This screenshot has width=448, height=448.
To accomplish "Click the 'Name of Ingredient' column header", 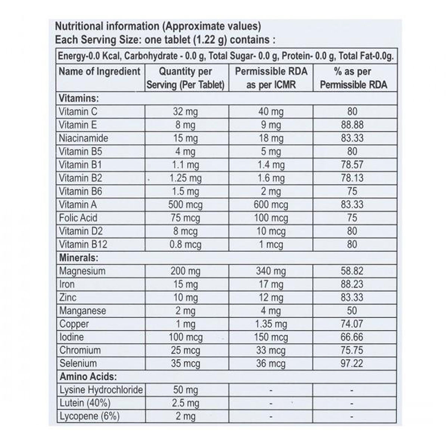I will point(99,71).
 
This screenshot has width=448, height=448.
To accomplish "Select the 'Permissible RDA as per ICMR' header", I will point(271,78).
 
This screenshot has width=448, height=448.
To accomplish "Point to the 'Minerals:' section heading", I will point(78,258).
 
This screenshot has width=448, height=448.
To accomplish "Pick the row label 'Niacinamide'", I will point(83,138).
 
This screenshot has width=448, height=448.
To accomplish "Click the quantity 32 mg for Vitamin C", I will point(185,112).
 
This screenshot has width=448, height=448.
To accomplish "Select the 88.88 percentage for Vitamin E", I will point(352,125).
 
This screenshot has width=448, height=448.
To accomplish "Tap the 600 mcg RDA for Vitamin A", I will point(271,205).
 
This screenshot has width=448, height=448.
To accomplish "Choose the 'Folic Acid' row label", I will point(78,218).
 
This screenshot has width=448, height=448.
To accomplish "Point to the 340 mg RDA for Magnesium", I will point(271,271).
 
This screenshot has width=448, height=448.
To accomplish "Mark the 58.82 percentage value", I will point(352,271).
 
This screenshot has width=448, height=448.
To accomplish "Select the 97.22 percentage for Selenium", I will point(352,363).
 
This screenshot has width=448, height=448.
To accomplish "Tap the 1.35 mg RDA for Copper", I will point(271,324).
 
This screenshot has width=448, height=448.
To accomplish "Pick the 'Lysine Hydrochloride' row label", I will point(101,390).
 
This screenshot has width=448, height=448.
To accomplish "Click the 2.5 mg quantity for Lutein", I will point(185,403).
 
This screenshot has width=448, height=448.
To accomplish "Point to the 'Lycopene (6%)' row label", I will point(89,416).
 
